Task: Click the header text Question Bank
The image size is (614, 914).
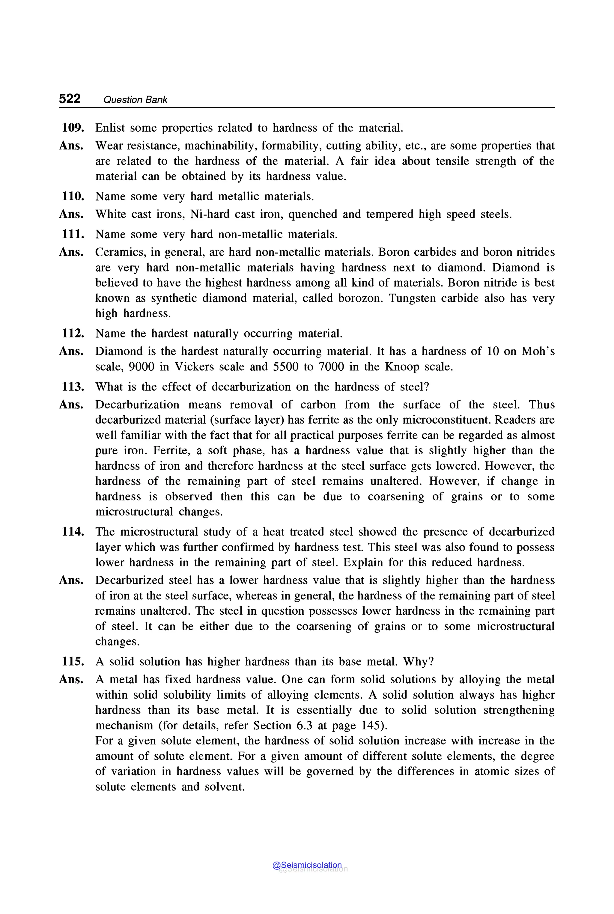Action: tap(135, 100)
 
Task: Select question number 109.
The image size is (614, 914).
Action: tap(73, 128)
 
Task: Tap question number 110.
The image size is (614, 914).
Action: tap(73, 196)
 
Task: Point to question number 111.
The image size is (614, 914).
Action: tap(73, 234)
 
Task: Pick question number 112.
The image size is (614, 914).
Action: tap(73, 333)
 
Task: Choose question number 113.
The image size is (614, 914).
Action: tap(73, 387)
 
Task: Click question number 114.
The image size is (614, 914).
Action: tap(73, 532)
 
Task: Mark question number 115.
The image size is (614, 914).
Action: tap(73, 661)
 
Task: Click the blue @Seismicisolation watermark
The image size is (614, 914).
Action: tap(307, 865)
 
